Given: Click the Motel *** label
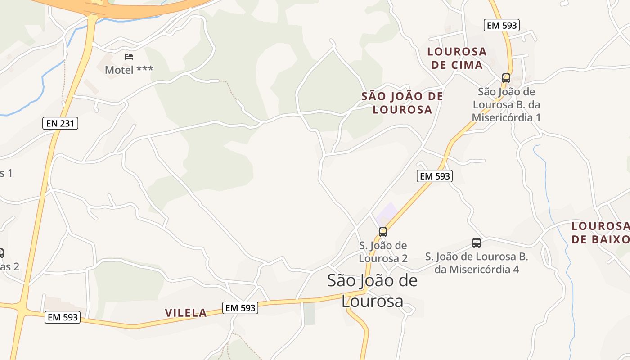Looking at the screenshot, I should (x=129, y=70).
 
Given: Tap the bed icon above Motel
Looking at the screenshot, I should (x=129, y=57).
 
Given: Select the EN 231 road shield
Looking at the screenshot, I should (x=60, y=123).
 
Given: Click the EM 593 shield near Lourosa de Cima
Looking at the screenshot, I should (x=502, y=25).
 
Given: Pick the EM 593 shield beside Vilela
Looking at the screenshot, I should (x=241, y=308).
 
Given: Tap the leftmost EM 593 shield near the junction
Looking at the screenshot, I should (x=63, y=317).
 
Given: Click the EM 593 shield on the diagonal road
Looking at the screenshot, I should (x=434, y=176).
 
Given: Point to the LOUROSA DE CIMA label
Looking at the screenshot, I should (x=457, y=58).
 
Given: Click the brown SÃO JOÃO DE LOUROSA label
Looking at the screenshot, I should (x=402, y=103).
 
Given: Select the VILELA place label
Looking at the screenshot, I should (x=186, y=313).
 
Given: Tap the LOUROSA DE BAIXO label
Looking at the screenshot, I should (x=600, y=232).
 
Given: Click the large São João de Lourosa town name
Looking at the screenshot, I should (x=372, y=291).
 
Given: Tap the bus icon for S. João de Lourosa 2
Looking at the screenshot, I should (x=383, y=232).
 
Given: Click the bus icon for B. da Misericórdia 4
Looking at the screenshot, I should (x=477, y=243).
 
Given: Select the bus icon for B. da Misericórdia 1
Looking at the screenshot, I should (x=506, y=78).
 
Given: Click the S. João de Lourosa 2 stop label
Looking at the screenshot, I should (x=383, y=252).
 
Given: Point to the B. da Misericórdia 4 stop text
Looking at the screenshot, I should (x=477, y=263).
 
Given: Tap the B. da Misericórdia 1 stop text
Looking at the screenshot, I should (x=506, y=105).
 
